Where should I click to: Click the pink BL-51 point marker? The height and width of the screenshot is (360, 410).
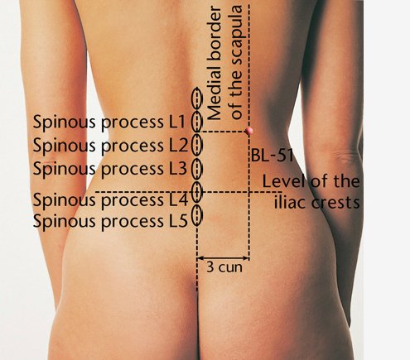click(248, 131)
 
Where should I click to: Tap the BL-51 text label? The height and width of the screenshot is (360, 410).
click(272, 156)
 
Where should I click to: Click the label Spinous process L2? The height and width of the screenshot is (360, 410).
click(110, 146)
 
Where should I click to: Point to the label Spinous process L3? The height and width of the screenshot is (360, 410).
click(110, 169)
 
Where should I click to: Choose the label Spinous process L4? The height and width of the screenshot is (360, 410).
click(110, 200)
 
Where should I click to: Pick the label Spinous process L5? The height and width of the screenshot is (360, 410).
click(110, 222)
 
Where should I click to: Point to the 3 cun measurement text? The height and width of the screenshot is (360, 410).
click(224, 267)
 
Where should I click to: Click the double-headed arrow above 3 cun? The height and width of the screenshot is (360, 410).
click(223, 258)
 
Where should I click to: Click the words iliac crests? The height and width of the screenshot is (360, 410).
click(317, 203)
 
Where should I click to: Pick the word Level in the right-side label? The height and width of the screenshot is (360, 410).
click(284, 181)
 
